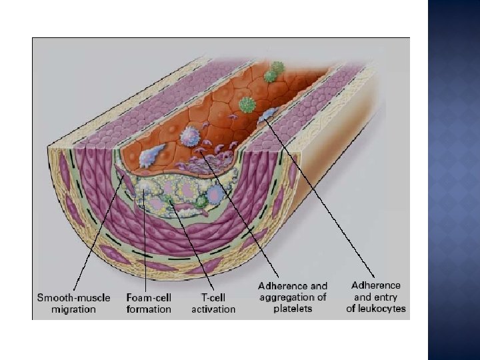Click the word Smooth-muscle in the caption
click(67, 298)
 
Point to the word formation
click(148, 309)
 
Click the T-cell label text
click(213, 298)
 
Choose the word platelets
click(293, 309)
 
